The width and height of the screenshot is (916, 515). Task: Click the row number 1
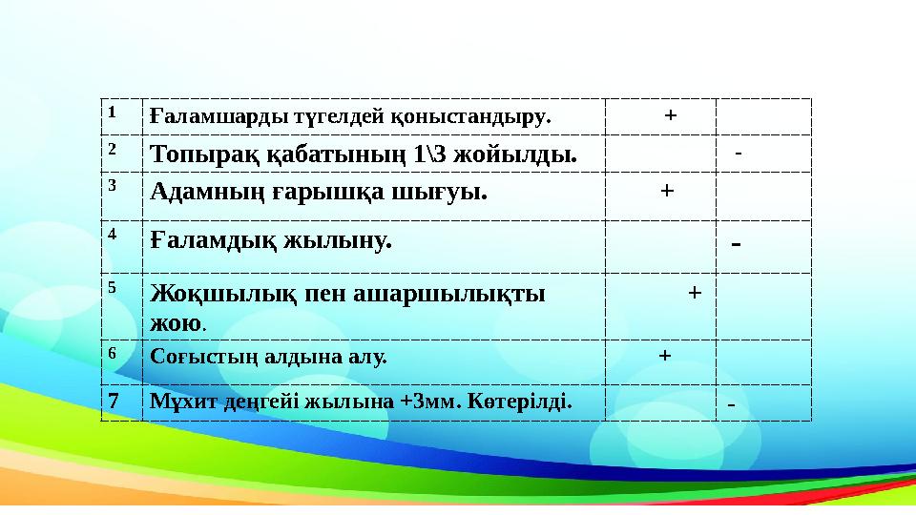pyautogui.click(x=112, y=112)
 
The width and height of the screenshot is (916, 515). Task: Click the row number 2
pyautogui.click(x=112, y=150)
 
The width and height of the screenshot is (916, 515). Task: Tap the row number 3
pyautogui.click(x=112, y=186)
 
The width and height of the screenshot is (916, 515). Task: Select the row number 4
pyautogui.click(x=112, y=234)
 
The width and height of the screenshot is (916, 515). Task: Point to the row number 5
pyautogui.click(x=112, y=285)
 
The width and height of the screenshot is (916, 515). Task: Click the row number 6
pyautogui.click(x=112, y=352)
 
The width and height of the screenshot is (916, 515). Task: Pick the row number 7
pyautogui.click(x=113, y=401)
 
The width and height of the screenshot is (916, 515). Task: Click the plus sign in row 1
pyautogui.click(x=671, y=115)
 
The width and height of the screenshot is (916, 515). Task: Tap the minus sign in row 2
pyautogui.click(x=739, y=153)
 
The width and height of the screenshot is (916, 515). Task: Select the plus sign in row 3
pyautogui.click(x=667, y=190)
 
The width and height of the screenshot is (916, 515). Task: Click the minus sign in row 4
pyautogui.click(x=736, y=243)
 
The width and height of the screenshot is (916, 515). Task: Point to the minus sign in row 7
pyautogui.click(x=731, y=406)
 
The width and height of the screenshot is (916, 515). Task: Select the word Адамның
pyautogui.click(x=195, y=191)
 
